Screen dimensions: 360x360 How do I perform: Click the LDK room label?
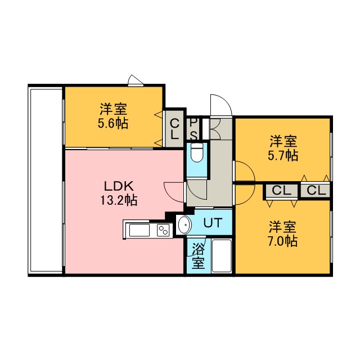[119, 186]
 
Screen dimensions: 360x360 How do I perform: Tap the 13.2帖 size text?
[119, 200]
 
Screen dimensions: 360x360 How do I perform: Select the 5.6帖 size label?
[113, 124]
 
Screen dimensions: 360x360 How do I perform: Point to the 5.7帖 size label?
[283, 156]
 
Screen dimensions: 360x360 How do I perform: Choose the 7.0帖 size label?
[283, 241]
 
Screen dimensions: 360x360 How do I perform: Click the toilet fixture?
[197, 152]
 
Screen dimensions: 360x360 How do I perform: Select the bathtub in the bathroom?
[221, 256]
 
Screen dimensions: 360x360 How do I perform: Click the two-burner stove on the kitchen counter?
[163, 230]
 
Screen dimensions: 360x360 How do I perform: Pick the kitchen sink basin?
[139, 230]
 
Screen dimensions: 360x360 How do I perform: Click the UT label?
[213, 223]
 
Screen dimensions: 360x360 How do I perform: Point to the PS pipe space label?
[193, 129]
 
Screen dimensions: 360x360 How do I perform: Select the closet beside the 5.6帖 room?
[174, 129]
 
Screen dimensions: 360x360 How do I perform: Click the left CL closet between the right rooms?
[281, 190]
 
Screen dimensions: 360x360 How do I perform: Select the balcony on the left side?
[45, 180]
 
